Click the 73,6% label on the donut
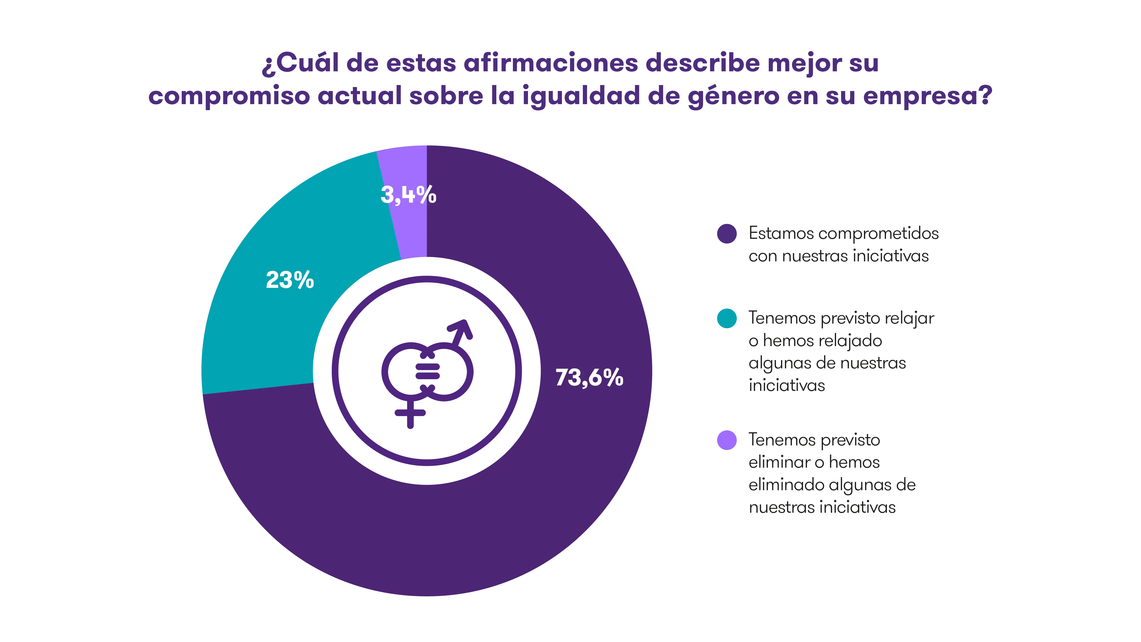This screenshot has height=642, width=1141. (589, 377)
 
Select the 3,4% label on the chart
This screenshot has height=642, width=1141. (408, 195)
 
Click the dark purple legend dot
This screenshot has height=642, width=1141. (727, 233)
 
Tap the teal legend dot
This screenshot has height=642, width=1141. (727, 318)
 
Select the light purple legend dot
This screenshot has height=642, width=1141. (727, 440)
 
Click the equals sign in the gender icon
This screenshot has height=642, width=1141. (427, 371)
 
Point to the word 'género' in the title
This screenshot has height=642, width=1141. (733, 97)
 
